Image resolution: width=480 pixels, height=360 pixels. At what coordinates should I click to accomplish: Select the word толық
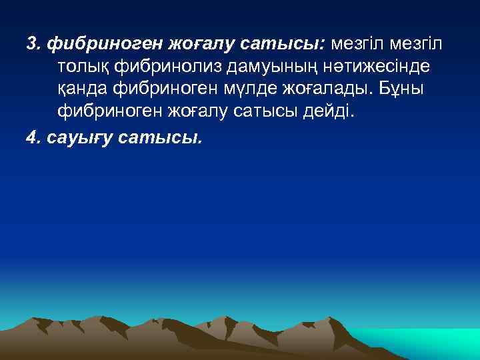tap(79, 67)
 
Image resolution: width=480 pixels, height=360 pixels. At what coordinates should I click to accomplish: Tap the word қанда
tap(81, 90)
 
